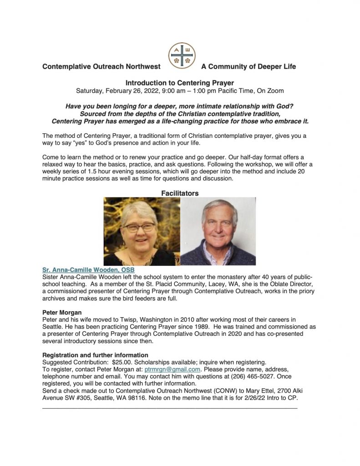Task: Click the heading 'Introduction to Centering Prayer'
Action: pyautogui.click(x=180, y=83)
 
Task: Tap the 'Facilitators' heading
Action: pyautogui.click(x=180, y=193)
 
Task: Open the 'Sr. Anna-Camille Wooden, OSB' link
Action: pyautogui.click(x=86, y=270)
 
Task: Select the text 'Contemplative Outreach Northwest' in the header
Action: pyautogui.click(x=101, y=66)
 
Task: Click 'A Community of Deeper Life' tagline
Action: pyautogui.click(x=248, y=66)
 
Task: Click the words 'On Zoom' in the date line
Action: pyautogui.click(x=270, y=90)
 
